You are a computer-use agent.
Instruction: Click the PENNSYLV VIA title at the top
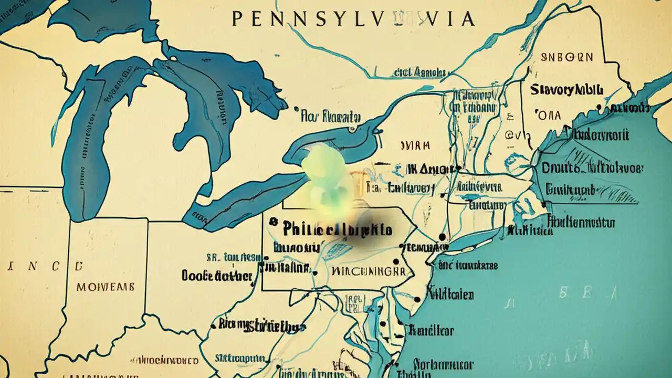tap(353, 19)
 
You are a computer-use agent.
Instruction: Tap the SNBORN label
tap(567, 57)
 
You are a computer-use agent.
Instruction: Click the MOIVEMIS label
tap(105, 287)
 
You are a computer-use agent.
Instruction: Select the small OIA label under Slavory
tap(549, 115)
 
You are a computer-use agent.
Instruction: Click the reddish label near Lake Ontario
tap(415, 145)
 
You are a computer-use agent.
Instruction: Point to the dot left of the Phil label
tap(272, 222)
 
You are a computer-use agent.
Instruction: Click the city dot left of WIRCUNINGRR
tap(314, 272)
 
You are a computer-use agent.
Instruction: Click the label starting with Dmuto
tap(591, 169)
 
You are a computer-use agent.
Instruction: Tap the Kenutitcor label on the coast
tap(431, 331)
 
